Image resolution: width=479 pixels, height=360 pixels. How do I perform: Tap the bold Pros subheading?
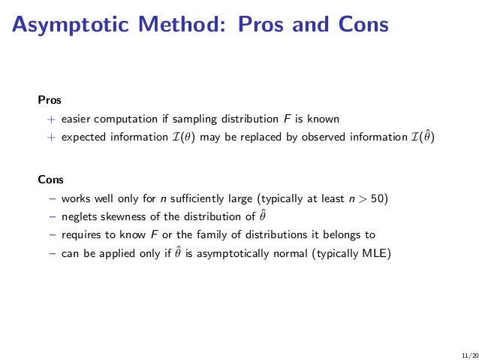pyautogui.click(x=50, y=99)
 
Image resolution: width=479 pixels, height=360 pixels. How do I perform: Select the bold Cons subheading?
pyautogui.click(x=51, y=180)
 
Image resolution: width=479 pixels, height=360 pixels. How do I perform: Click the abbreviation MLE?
pyautogui.click(x=375, y=253)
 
